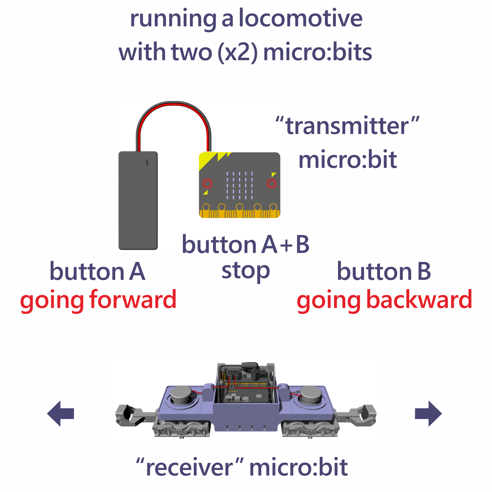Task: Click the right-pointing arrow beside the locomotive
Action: (x=428, y=413)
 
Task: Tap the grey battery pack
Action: (x=138, y=200)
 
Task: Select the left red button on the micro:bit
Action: (x=207, y=183)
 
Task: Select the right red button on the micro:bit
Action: (x=271, y=183)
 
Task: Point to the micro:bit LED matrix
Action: (x=239, y=186)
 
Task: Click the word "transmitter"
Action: (x=347, y=126)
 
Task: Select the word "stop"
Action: (x=245, y=271)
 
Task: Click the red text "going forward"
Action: (x=98, y=300)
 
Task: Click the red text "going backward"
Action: (x=384, y=300)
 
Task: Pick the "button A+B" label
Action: (x=245, y=245)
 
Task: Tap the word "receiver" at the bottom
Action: (x=190, y=467)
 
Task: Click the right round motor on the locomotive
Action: (x=311, y=394)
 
